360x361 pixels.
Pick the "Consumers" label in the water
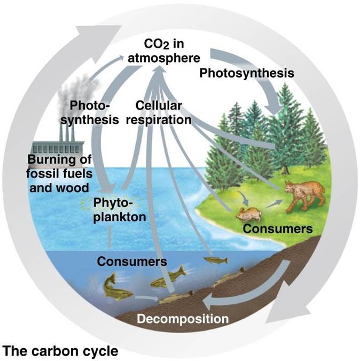(131, 262)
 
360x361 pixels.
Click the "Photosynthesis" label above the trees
(246, 73)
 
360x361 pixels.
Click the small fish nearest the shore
(216, 260)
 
